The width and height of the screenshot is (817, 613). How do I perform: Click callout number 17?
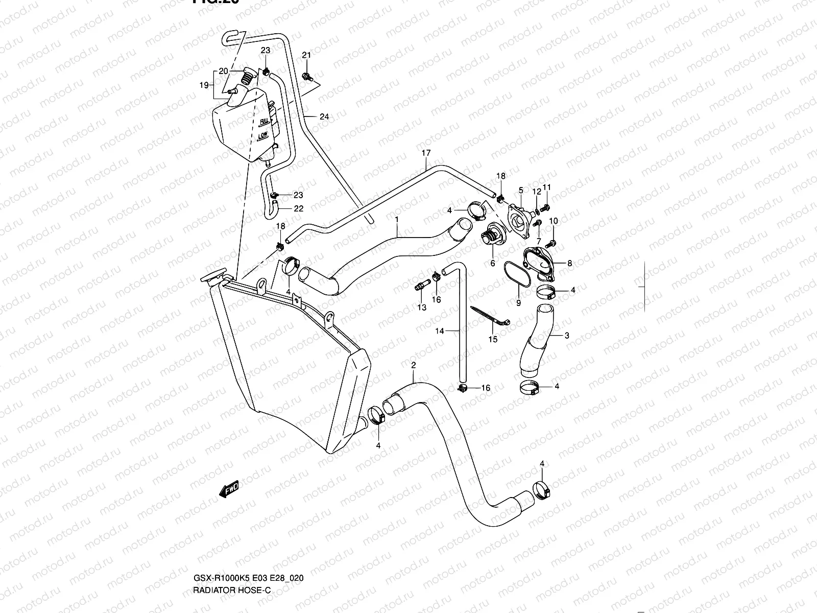[426, 153]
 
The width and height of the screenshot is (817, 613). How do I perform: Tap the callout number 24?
[324, 116]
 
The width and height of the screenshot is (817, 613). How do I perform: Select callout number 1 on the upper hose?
[396, 219]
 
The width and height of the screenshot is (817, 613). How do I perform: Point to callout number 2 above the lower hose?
[413, 365]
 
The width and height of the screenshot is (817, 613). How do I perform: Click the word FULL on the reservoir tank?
[265, 122]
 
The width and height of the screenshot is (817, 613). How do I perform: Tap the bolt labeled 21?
[307, 76]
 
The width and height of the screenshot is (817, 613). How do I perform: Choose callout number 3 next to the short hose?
[567, 336]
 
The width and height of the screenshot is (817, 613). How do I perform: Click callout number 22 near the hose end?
[299, 208]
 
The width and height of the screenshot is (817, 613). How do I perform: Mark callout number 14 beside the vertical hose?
[440, 331]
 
